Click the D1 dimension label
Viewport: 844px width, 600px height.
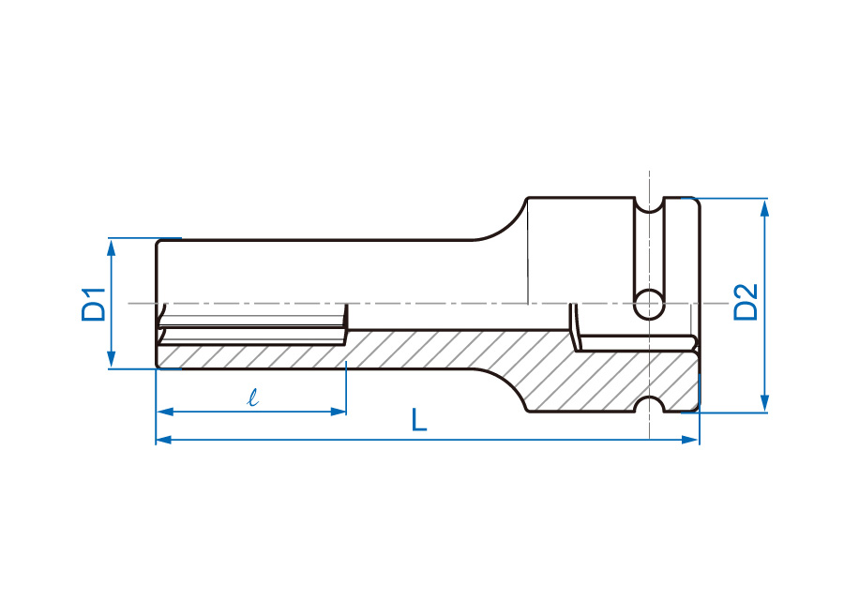point(94,305)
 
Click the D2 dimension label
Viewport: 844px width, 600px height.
point(746,302)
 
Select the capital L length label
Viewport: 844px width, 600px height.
point(419,420)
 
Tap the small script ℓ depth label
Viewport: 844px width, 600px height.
point(252,397)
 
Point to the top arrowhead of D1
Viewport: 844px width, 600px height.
point(112,248)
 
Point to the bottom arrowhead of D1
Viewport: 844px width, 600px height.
point(112,358)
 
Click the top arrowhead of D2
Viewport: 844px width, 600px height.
point(763,208)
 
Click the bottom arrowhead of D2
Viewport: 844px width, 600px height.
point(763,403)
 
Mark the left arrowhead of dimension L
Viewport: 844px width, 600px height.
point(165,440)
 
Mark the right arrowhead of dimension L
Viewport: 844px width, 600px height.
point(690,440)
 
